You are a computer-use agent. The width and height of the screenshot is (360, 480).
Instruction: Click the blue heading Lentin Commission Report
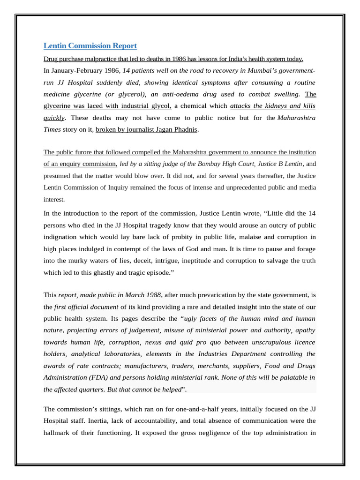(90, 46)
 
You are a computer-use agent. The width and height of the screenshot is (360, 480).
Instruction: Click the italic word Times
(52, 129)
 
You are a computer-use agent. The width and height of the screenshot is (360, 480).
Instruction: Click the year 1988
(152, 295)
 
